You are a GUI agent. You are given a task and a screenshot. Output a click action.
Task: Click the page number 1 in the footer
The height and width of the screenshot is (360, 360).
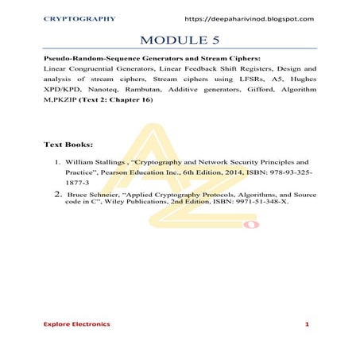pos(307,326)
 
